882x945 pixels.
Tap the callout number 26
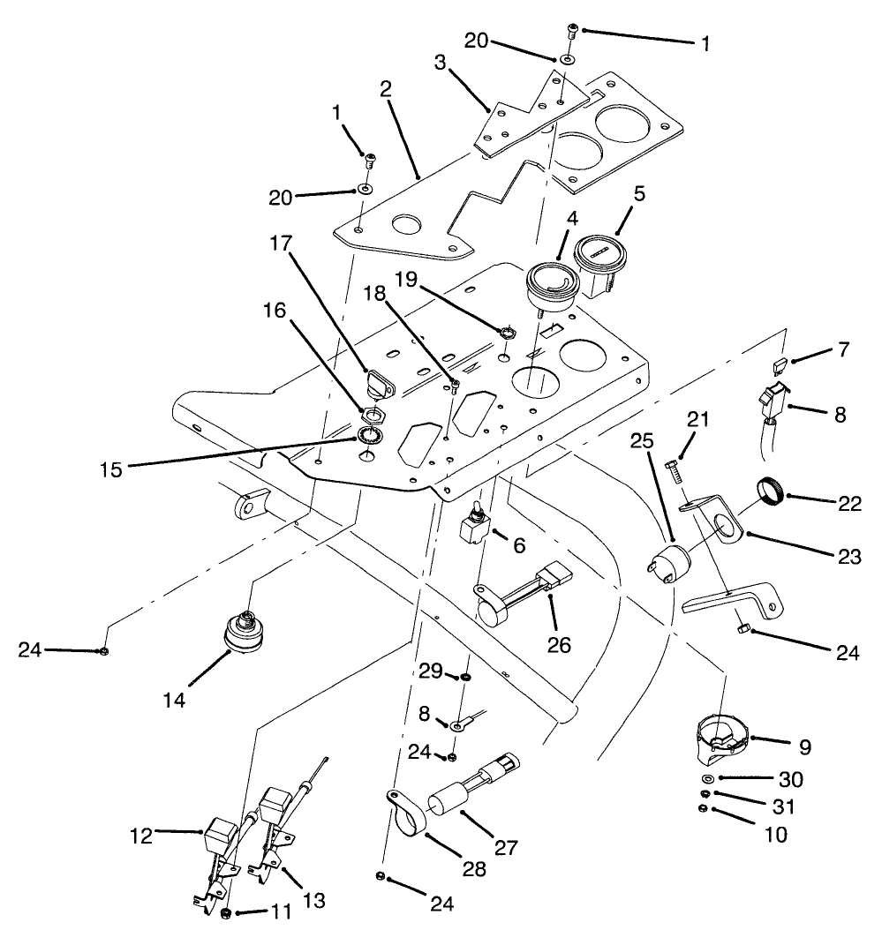click(x=558, y=645)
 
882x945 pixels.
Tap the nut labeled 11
click(x=227, y=911)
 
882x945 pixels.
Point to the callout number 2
click(x=385, y=88)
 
